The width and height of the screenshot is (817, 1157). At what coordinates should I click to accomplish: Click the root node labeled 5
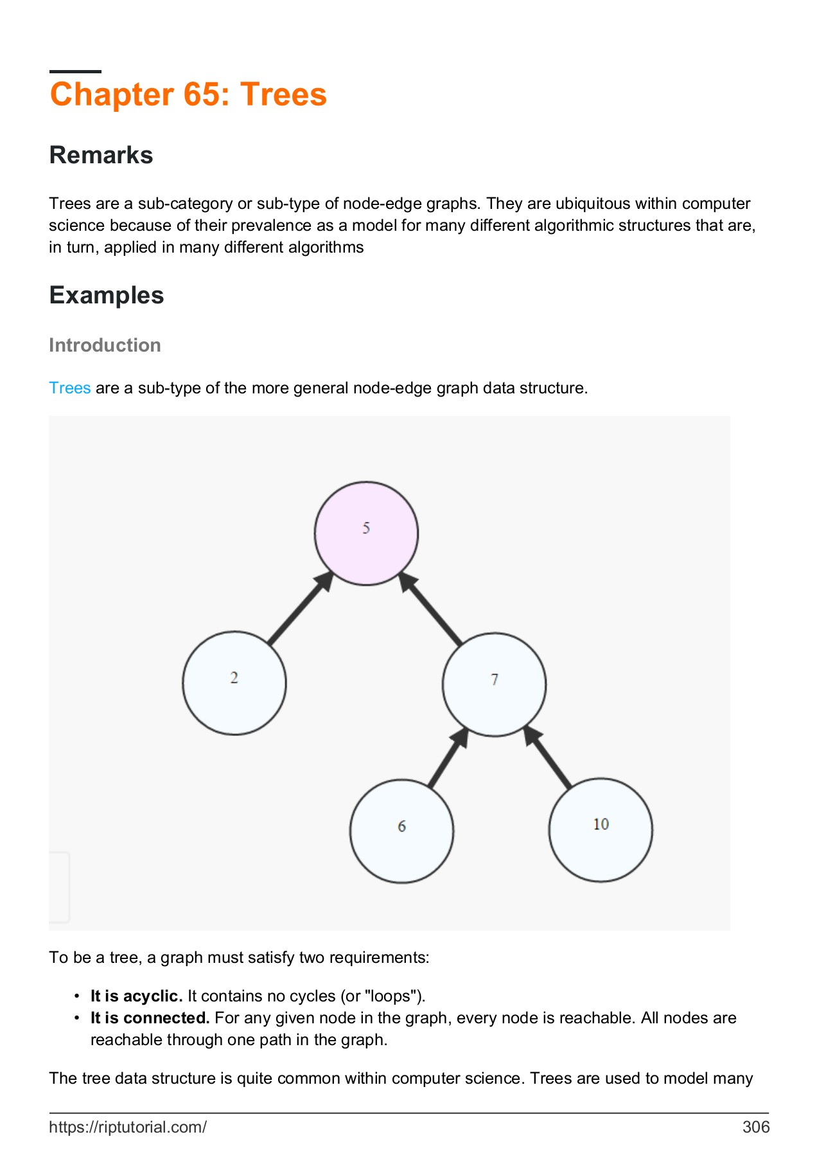(366, 533)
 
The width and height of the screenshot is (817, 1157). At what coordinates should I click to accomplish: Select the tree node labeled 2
(234, 683)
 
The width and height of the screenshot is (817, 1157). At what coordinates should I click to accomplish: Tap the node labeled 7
(494, 684)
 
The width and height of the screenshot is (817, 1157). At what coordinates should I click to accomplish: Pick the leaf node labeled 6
(401, 830)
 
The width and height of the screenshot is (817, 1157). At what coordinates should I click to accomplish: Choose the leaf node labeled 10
(601, 829)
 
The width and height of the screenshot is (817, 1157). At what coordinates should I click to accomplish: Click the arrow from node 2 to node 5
(299, 609)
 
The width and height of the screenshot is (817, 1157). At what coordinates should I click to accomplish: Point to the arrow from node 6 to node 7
(447, 758)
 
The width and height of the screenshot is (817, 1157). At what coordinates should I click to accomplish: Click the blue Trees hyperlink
(69, 388)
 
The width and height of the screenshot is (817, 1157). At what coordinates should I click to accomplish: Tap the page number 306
(755, 1127)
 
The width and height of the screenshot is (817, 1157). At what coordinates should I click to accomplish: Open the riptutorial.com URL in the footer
(128, 1127)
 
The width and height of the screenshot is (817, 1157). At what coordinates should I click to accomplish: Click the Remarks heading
(101, 155)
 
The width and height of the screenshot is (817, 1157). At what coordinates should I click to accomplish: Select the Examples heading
(107, 295)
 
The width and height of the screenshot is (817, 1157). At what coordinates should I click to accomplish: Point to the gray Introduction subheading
(105, 345)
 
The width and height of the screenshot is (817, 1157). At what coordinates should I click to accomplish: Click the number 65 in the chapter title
(206, 94)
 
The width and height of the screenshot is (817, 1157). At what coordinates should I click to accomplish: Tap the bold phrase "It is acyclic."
(136, 996)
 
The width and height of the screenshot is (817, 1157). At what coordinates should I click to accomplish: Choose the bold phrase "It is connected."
(150, 1018)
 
